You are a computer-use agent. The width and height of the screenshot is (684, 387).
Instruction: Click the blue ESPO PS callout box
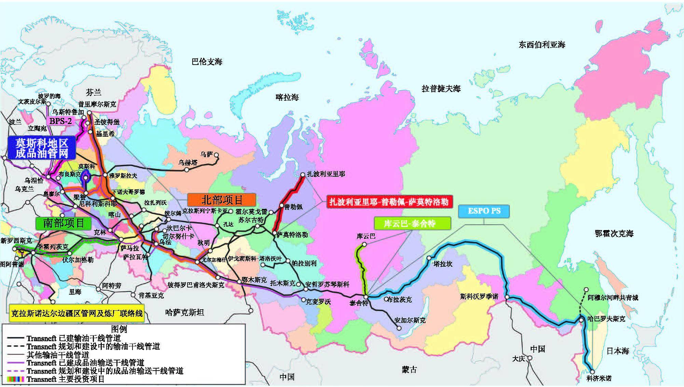484,211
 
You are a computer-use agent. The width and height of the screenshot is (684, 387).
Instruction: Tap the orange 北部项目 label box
222,200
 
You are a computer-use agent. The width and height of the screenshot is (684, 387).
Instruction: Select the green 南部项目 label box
64,223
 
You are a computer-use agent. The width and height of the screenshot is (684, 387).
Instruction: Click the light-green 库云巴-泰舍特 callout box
412,224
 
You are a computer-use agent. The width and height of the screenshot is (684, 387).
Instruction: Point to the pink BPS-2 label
60,121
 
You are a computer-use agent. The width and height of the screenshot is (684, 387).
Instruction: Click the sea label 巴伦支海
207,62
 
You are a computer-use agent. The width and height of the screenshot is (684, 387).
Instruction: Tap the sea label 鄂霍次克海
614,233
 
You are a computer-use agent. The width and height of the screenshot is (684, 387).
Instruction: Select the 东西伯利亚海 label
542,44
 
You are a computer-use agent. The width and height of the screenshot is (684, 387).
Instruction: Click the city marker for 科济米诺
592,372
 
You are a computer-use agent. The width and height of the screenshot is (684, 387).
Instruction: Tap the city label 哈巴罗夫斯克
606,319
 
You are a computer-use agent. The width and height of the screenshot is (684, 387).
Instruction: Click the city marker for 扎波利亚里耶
303,175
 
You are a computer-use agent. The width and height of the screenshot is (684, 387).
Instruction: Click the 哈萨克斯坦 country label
184,312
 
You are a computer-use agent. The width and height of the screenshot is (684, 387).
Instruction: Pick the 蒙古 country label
409,370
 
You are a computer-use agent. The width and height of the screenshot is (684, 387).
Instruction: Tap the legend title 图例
119,329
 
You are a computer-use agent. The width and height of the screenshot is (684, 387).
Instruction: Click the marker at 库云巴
364,244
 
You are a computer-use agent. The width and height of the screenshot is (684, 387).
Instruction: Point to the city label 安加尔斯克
410,320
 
